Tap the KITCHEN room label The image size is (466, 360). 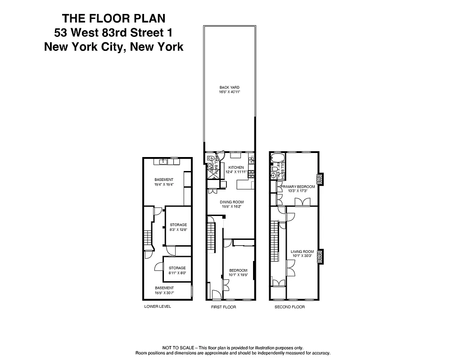coord(235,167)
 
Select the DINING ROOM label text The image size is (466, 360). coord(231,202)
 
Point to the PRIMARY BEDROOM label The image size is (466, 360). coord(297,186)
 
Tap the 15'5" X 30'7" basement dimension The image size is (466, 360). coord(164,292)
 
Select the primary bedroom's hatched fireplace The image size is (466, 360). coord(320,180)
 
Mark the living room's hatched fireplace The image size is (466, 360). coord(320,256)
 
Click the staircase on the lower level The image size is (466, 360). coord(146,237)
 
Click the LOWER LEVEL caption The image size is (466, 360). coord(158,306)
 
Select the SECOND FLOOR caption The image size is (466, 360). coord(290,307)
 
